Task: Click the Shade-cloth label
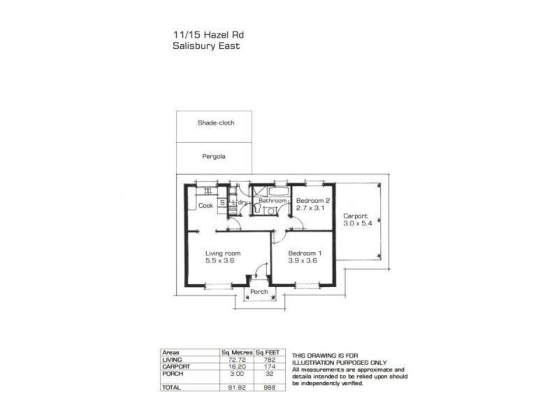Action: coord(216,122)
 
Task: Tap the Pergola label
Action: coord(214,157)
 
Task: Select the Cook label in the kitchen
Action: coord(205,206)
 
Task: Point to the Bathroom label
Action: coord(273,201)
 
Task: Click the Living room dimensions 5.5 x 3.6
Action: coord(219,260)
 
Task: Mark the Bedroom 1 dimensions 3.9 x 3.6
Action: coord(303,260)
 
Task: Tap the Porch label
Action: coord(259,292)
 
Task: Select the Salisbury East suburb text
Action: coord(206,46)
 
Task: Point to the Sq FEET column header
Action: coord(270,353)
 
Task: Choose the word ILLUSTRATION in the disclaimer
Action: coord(316,362)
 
